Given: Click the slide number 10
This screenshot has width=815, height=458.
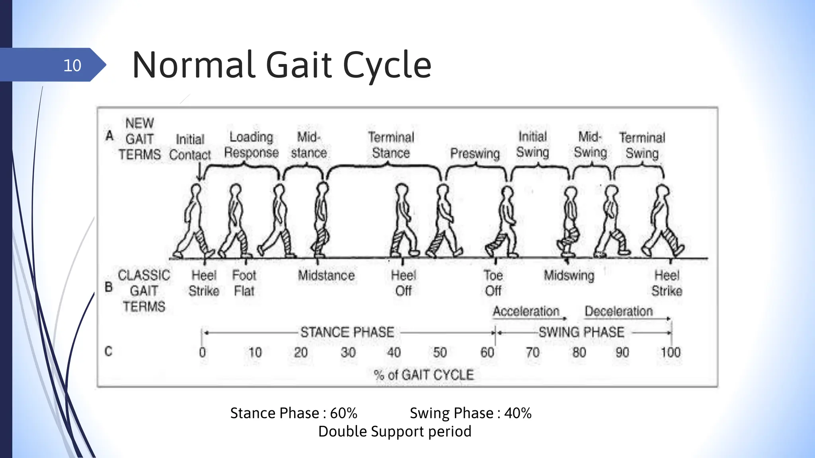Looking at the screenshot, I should coord(72,65).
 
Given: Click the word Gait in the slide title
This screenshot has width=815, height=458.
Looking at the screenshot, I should coord(298,65).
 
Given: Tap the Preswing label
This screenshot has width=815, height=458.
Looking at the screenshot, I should coord(475,153).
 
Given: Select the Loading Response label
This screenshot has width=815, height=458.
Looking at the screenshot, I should coord(251,145).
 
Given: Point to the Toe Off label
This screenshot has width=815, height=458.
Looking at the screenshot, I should coord(493,283).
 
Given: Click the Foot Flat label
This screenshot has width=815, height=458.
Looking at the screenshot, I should coord(244,283).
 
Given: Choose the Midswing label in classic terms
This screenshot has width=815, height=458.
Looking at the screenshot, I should coord(569,275).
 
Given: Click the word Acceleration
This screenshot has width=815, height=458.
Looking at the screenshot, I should coord(526,311).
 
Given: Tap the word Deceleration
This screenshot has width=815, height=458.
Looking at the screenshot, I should coord(619,311).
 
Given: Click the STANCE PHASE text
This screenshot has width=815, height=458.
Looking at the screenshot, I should coord(347,332).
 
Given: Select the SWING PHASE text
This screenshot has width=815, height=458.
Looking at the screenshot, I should coord(581,332).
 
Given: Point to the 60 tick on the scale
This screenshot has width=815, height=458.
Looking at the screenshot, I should coord(487,352).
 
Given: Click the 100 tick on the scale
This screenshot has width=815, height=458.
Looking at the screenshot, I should coord(671,352).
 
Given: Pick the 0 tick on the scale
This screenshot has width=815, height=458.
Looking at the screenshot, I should coord(203,352).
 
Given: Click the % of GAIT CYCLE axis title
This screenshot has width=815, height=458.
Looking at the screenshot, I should coord(424,375).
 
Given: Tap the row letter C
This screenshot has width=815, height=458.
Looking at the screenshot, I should coord(108,351).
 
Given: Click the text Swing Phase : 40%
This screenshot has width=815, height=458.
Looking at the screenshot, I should coord(470,413).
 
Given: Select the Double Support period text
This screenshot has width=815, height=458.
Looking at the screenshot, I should coord(395,431).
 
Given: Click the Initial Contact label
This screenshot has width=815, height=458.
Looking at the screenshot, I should coord(190,147).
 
